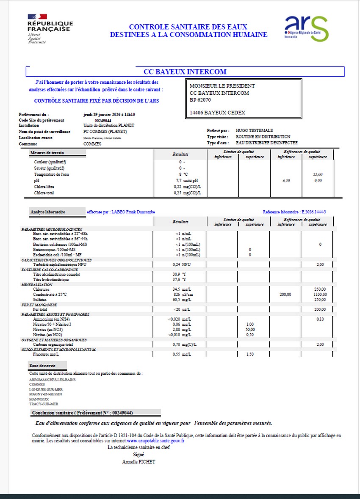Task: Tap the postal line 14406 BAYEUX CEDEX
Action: [x=217, y=113]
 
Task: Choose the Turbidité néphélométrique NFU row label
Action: [x=60, y=264]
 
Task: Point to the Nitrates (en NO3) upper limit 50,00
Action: [x=249, y=329]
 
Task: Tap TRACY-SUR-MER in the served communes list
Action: [x=44, y=404]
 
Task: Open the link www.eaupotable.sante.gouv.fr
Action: [x=155, y=441]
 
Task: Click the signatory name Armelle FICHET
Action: [x=138, y=462]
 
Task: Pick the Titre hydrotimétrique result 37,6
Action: [x=180, y=279]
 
